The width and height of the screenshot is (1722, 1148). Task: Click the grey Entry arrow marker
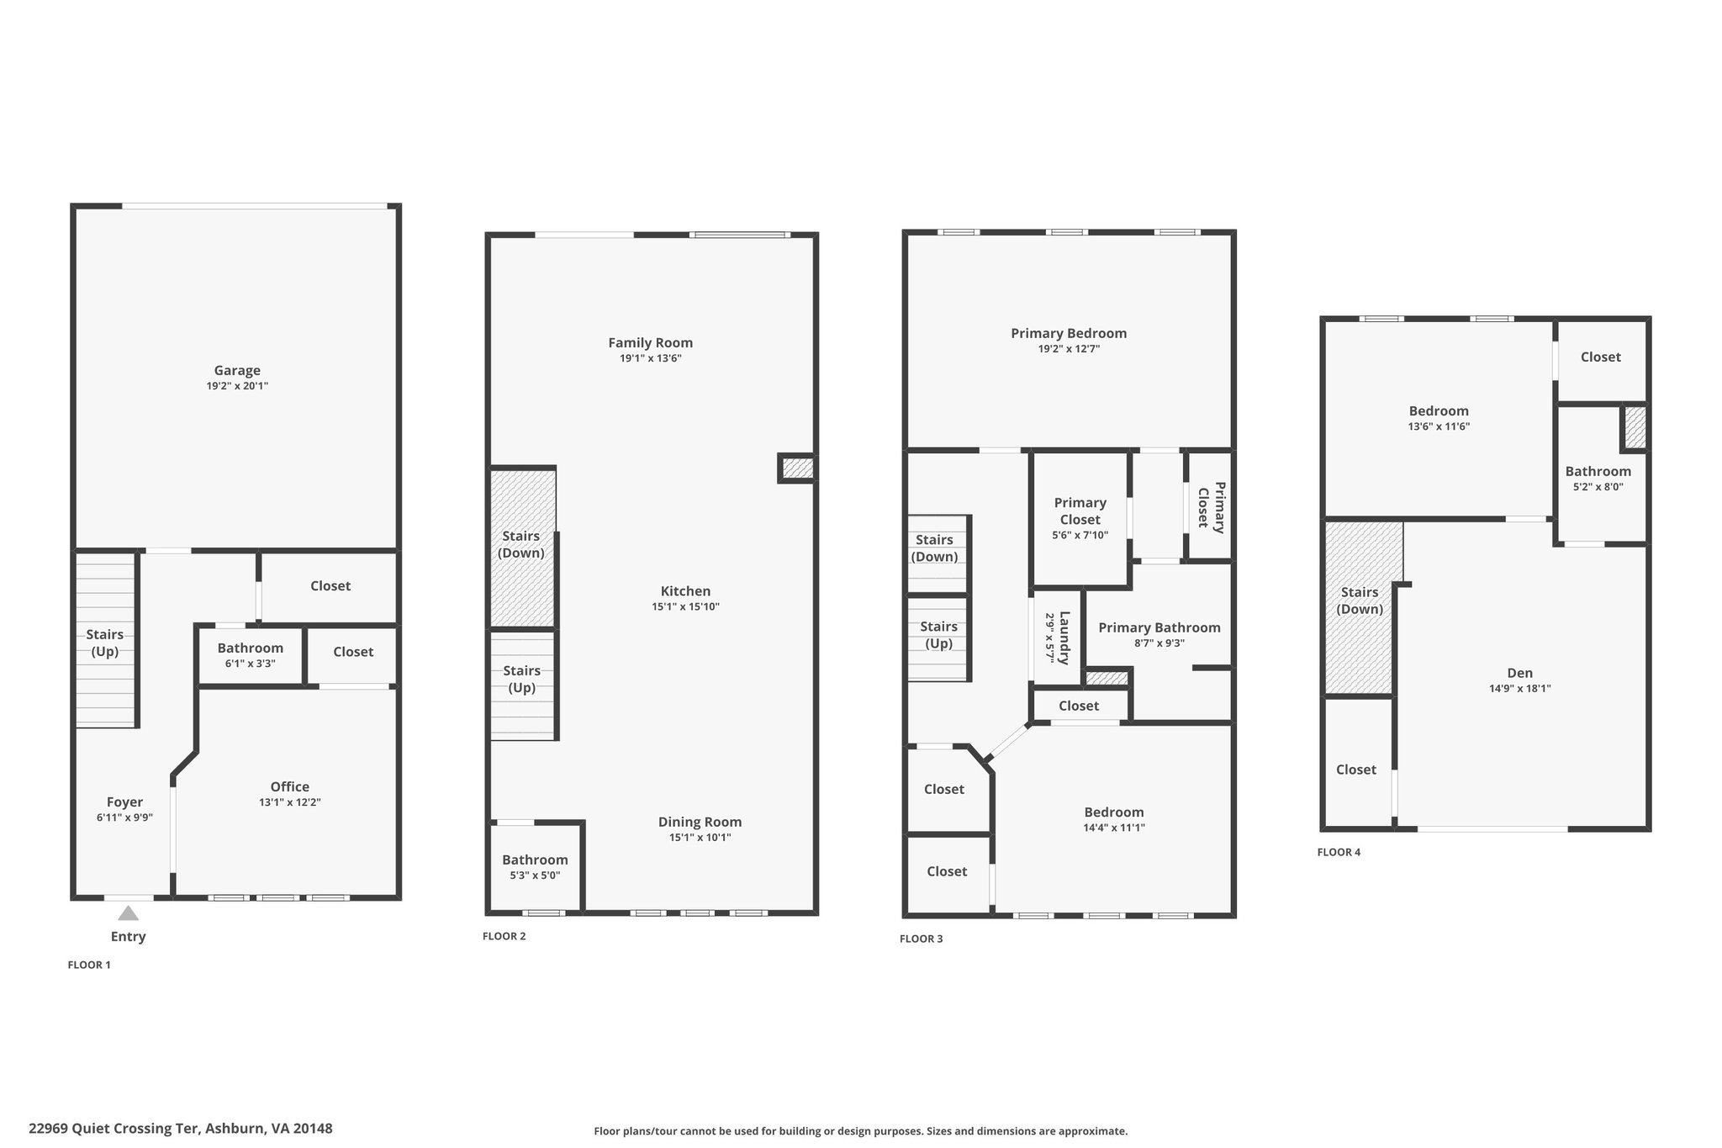(128, 913)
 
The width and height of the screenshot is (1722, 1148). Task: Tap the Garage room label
(237, 370)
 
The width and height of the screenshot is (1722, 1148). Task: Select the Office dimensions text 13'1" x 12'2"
(290, 802)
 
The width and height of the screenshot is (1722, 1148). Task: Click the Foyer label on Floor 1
(124, 802)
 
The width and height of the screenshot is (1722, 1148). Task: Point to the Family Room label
(651, 342)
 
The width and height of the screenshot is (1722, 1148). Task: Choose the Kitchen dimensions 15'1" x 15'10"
(686, 606)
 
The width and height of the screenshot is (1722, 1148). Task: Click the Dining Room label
(700, 822)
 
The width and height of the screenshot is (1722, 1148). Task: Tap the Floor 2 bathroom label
(535, 860)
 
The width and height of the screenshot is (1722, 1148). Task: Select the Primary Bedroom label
(1069, 333)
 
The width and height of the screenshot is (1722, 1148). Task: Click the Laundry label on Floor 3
(1064, 637)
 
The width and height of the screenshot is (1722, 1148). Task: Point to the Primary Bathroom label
(1159, 627)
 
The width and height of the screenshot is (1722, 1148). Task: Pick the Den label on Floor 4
(1520, 673)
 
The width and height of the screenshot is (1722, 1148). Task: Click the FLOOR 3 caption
(922, 939)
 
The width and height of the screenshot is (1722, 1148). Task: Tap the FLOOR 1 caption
(89, 965)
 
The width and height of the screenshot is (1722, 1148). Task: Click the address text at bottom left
(181, 1129)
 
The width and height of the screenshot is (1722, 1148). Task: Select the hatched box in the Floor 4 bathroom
(1635, 427)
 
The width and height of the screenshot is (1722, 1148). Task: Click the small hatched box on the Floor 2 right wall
(798, 468)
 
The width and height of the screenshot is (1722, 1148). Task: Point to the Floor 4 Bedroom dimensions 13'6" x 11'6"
(1439, 426)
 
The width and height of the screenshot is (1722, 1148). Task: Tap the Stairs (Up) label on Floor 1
(105, 643)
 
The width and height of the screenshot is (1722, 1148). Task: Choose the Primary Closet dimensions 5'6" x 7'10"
(1080, 535)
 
